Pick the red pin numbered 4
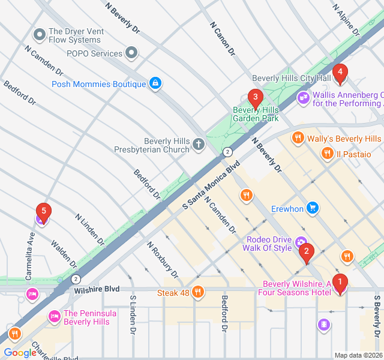coord(340,74)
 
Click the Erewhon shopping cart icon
coord(312,208)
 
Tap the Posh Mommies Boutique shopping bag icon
coord(155,83)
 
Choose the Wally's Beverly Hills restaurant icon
coord(298,139)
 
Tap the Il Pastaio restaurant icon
coord(326,154)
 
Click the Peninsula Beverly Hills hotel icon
coord(54,315)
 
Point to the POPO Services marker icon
coord(132,53)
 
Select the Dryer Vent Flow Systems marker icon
coord(40,35)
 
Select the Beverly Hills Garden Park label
coord(256,114)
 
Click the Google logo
coord(20,353)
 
